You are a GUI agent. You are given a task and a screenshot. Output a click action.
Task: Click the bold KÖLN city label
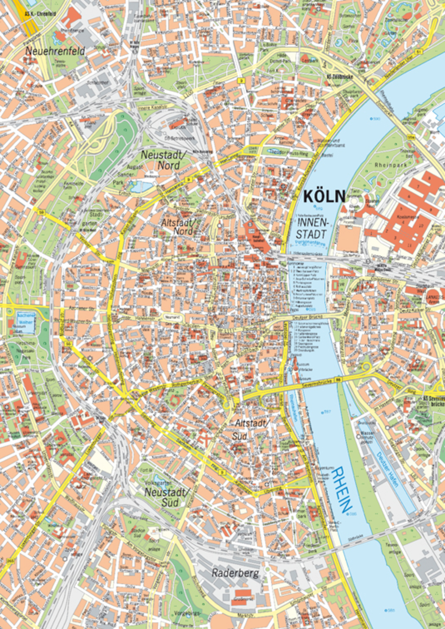324,196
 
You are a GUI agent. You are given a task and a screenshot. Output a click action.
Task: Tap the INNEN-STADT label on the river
312,228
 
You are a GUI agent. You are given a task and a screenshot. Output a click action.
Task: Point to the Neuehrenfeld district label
55,51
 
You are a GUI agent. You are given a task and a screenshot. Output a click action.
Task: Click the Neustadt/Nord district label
163,160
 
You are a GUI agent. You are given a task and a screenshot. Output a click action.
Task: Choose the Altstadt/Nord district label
179,226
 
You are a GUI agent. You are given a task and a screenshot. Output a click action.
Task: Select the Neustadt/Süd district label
167,497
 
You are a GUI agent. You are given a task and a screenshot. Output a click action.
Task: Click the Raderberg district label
235,573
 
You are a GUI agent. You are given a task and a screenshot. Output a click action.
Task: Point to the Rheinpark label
391,165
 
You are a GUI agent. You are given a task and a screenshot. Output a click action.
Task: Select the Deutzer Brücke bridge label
309,317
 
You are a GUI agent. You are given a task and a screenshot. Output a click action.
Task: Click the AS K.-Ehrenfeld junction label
40,14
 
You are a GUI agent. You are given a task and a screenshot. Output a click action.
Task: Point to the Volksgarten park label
158,483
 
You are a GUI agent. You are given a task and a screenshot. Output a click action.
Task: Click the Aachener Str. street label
82,308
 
